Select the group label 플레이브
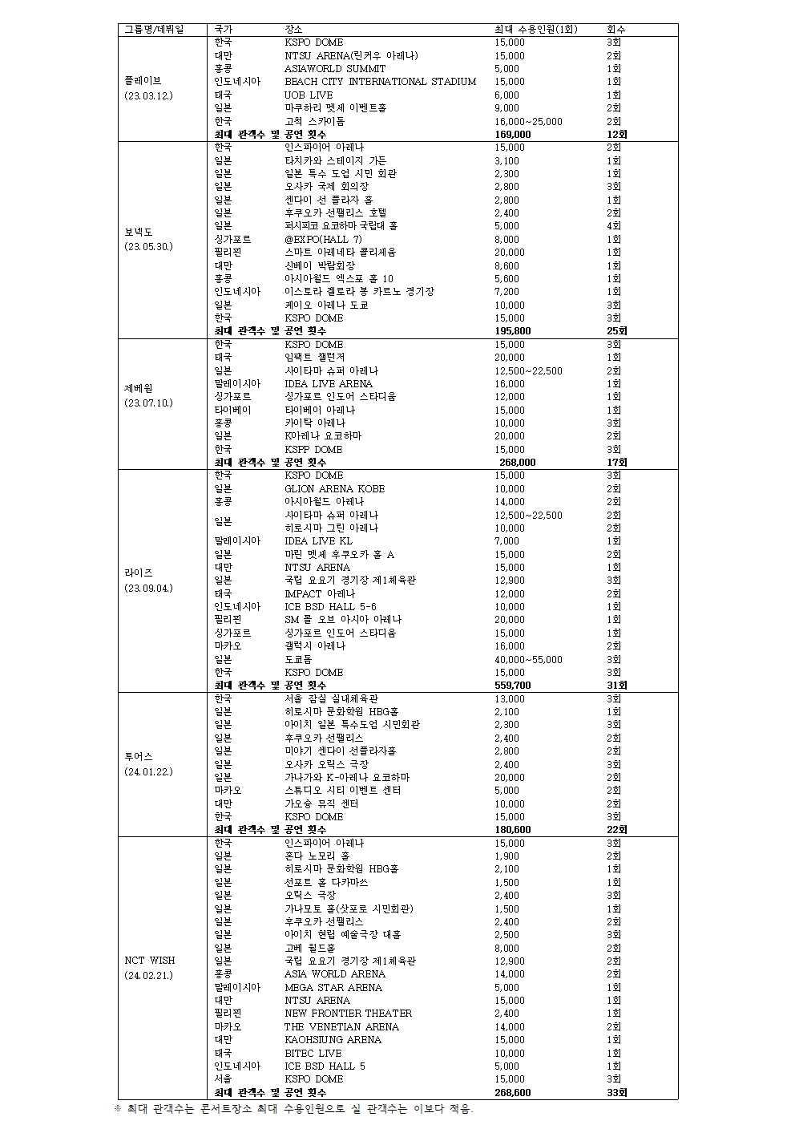click(x=143, y=81)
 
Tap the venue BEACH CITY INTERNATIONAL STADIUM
click(x=380, y=82)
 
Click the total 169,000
click(x=513, y=135)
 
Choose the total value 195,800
click(x=513, y=331)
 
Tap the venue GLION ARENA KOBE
click(x=334, y=489)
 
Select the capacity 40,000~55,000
click(x=529, y=660)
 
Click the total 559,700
click(x=513, y=686)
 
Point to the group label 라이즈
click(x=139, y=573)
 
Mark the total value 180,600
click(x=513, y=830)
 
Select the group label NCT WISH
click(x=149, y=961)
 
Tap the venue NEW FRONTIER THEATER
click(x=348, y=1014)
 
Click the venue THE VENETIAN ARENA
click(x=341, y=1027)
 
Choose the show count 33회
click(x=617, y=1093)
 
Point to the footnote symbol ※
click(x=118, y=1109)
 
